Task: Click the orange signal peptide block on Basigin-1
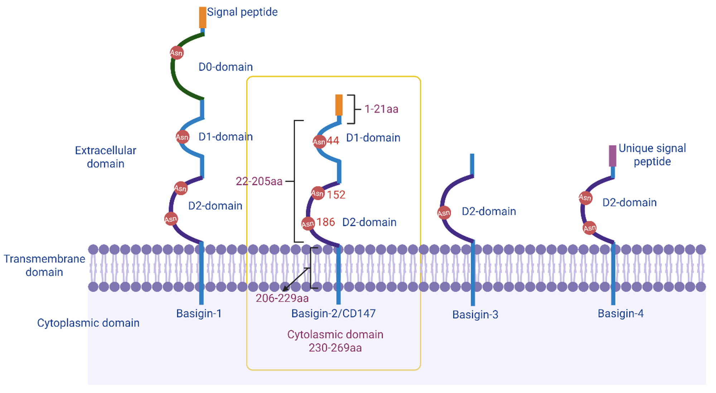coord(203,17)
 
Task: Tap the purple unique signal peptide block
coord(613,156)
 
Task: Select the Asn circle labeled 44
coord(319,142)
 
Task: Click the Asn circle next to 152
coord(318,193)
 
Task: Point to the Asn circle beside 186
coord(308,224)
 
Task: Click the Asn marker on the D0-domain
coord(176,53)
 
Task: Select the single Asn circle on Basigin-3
coord(444,213)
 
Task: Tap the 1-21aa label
coord(381,109)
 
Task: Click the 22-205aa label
coord(259,181)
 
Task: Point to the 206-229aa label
coord(282,298)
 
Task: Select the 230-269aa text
coord(335,348)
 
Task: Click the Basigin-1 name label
coord(199,314)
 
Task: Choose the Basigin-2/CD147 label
coord(334,314)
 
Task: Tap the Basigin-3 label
coord(475,315)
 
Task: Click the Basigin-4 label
coord(621,314)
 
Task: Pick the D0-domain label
coord(226,67)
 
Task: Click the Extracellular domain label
coord(106,157)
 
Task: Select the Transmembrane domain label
coord(44,265)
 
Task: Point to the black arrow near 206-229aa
coord(296,279)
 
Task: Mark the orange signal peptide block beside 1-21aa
coord(339,105)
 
